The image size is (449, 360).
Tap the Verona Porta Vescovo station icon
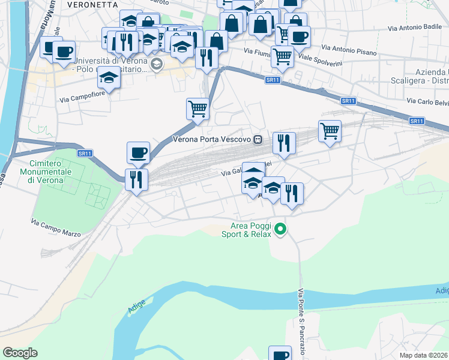258,139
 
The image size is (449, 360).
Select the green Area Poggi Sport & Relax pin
279,229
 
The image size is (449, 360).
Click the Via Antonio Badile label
414,28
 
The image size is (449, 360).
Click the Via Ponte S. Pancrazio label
301,321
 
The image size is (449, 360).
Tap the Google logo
20,353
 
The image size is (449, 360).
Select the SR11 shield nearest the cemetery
85,154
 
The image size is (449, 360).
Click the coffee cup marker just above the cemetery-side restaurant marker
138,152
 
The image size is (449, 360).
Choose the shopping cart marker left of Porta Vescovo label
197,109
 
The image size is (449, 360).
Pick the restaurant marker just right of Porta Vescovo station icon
284,143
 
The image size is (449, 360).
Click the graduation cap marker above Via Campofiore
109,77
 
